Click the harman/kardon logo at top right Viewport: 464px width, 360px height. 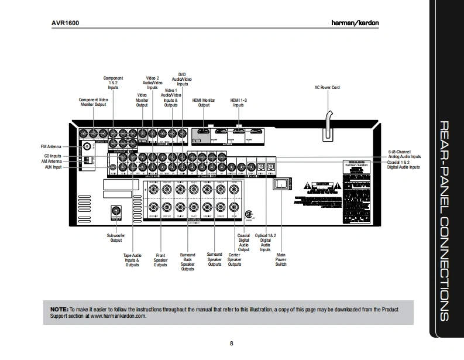click(x=384, y=24)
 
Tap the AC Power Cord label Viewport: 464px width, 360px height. click(x=327, y=87)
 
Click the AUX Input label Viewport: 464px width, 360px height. click(x=53, y=167)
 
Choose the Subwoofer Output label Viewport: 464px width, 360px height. click(x=116, y=237)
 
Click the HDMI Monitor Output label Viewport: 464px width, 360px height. click(x=204, y=102)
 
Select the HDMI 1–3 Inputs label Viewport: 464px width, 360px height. click(x=238, y=102)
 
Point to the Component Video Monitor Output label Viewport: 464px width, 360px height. click(x=93, y=102)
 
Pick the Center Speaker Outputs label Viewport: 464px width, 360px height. click(x=235, y=260)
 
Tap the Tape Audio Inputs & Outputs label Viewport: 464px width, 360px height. click(x=132, y=260)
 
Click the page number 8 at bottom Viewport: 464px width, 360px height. click(x=232, y=343)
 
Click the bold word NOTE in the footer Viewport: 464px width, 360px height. click(x=59, y=308)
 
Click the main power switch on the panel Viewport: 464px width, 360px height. click(x=281, y=184)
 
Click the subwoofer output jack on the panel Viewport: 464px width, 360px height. click(x=116, y=212)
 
